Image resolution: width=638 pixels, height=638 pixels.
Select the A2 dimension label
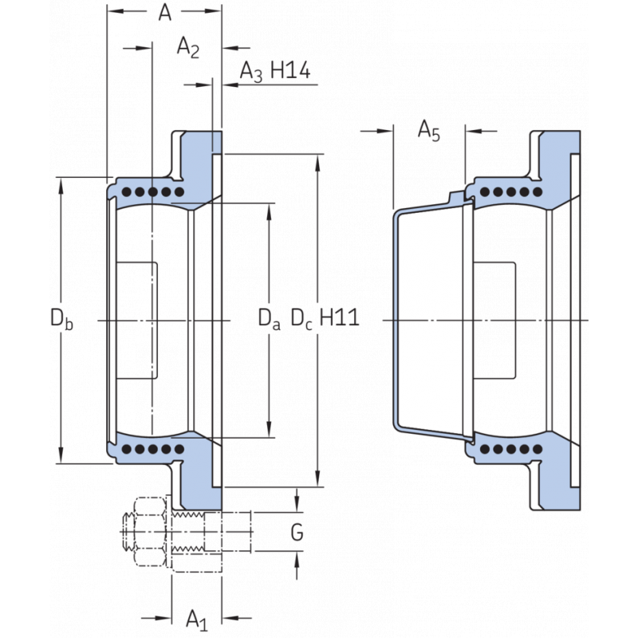pos(187,49)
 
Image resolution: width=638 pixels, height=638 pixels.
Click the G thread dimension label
pos(297,533)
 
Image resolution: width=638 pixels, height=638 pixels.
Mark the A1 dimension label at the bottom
pos(196,618)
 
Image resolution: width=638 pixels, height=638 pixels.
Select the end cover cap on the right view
pos(431,319)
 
